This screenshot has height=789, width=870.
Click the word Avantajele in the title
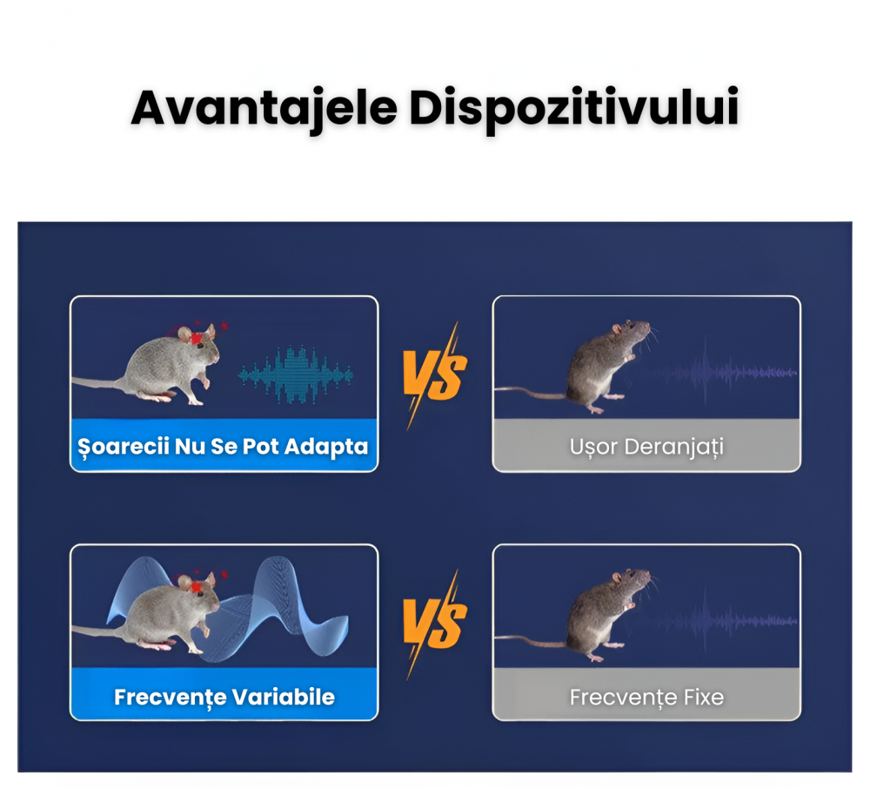264,108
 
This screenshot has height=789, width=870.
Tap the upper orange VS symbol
436,375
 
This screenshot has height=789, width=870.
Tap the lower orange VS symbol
436,624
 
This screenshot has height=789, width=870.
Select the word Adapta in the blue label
326,447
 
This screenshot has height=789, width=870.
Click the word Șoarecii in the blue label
123,447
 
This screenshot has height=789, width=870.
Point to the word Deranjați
674,447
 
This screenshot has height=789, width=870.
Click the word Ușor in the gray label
593,447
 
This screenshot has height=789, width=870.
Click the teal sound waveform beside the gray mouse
296,375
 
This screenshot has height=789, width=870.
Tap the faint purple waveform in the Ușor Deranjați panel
721,373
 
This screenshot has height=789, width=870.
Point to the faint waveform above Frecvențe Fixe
721,621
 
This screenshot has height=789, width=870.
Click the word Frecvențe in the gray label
623,698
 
